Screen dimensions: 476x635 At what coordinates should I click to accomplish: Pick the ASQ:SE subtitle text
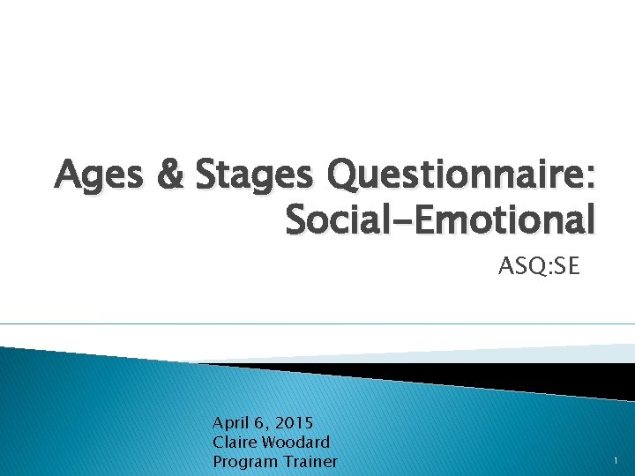pyautogui.click(x=540, y=265)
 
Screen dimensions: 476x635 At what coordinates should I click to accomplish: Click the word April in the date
pyautogui.click(x=231, y=422)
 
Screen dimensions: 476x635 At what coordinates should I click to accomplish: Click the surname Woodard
pyautogui.click(x=298, y=442)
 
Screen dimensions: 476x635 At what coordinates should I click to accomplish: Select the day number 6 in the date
pyautogui.click(x=261, y=422)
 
